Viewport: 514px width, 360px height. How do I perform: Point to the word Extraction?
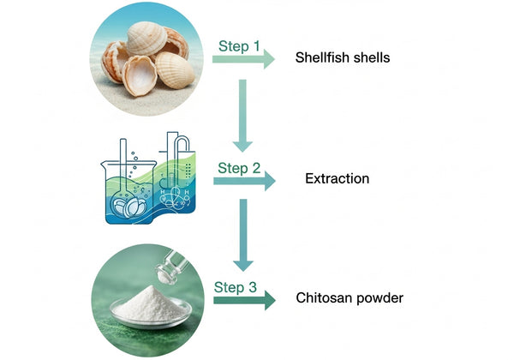point(337,179)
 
